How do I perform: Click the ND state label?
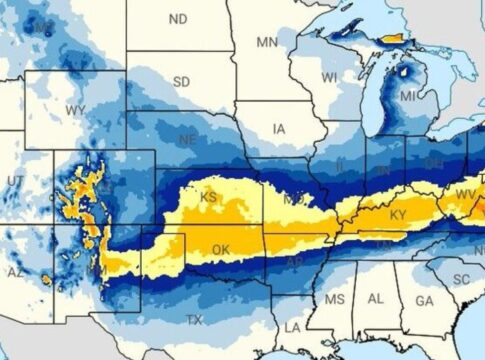[178, 19]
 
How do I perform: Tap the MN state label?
[267, 42]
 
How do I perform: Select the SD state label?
[183, 81]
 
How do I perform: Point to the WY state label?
[75, 108]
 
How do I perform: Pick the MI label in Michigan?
[409, 97]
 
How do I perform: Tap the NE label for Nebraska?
[186, 140]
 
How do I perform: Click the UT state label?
[15, 180]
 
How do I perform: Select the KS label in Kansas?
[209, 196]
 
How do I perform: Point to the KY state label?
[398, 215]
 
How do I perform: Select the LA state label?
[292, 327]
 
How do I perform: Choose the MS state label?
[335, 300]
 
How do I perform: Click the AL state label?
[376, 299]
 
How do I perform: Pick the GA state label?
[424, 300]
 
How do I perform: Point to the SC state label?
[461, 278]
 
